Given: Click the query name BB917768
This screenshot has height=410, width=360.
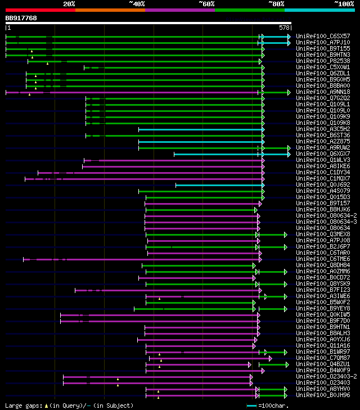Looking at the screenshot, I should [x=21, y=18].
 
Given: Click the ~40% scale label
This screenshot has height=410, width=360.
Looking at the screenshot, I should [x=137, y=3].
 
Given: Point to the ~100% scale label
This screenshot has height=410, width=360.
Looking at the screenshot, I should [x=344, y=3].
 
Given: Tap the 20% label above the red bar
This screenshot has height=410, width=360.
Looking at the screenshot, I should [x=69, y=3].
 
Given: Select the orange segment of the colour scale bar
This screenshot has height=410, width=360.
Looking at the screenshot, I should [x=110, y=10].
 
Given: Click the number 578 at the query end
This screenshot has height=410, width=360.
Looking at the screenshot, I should [x=284, y=27].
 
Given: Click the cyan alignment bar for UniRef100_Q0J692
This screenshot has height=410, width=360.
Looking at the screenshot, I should [x=219, y=184].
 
